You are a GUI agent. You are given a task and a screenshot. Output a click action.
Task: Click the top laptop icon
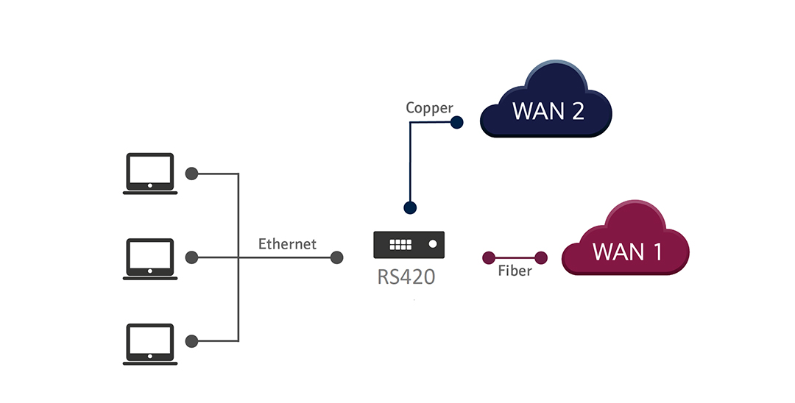tap(150, 173)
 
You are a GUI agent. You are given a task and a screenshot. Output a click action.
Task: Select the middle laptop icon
tap(150, 259)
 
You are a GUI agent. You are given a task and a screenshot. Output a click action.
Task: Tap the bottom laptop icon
tap(150, 344)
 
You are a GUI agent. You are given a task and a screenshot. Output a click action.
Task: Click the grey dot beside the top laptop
tap(191, 174)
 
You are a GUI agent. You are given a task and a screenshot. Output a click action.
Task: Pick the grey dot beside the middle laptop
tap(191, 257)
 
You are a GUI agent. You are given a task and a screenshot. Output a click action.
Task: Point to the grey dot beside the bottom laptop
tap(191, 341)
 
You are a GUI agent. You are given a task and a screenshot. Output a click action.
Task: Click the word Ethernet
tap(288, 244)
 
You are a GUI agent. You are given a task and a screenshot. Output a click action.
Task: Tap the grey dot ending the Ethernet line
tap(336, 257)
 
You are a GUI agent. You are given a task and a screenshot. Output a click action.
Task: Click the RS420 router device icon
tap(409, 245)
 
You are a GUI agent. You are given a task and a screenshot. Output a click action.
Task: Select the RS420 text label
tap(406, 277)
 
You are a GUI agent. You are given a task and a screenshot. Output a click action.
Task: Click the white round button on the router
tap(433, 244)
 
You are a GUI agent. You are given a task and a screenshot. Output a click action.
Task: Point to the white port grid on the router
tap(400, 245)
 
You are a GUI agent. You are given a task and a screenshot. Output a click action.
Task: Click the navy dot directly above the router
tap(410, 207)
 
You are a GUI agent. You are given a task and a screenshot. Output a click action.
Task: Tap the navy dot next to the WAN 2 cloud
tap(457, 122)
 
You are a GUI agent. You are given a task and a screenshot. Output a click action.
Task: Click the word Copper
tap(429, 108)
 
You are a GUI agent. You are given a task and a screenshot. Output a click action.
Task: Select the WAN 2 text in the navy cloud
tap(548, 111)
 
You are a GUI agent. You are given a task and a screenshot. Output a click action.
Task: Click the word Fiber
tap(515, 271)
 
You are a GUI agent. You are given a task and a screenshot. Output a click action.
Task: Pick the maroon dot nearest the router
tap(489, 257)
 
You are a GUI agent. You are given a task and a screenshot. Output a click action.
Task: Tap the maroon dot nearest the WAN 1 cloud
tap(541, 257)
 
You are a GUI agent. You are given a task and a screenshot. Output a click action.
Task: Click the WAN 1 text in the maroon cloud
tap(628, 252)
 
